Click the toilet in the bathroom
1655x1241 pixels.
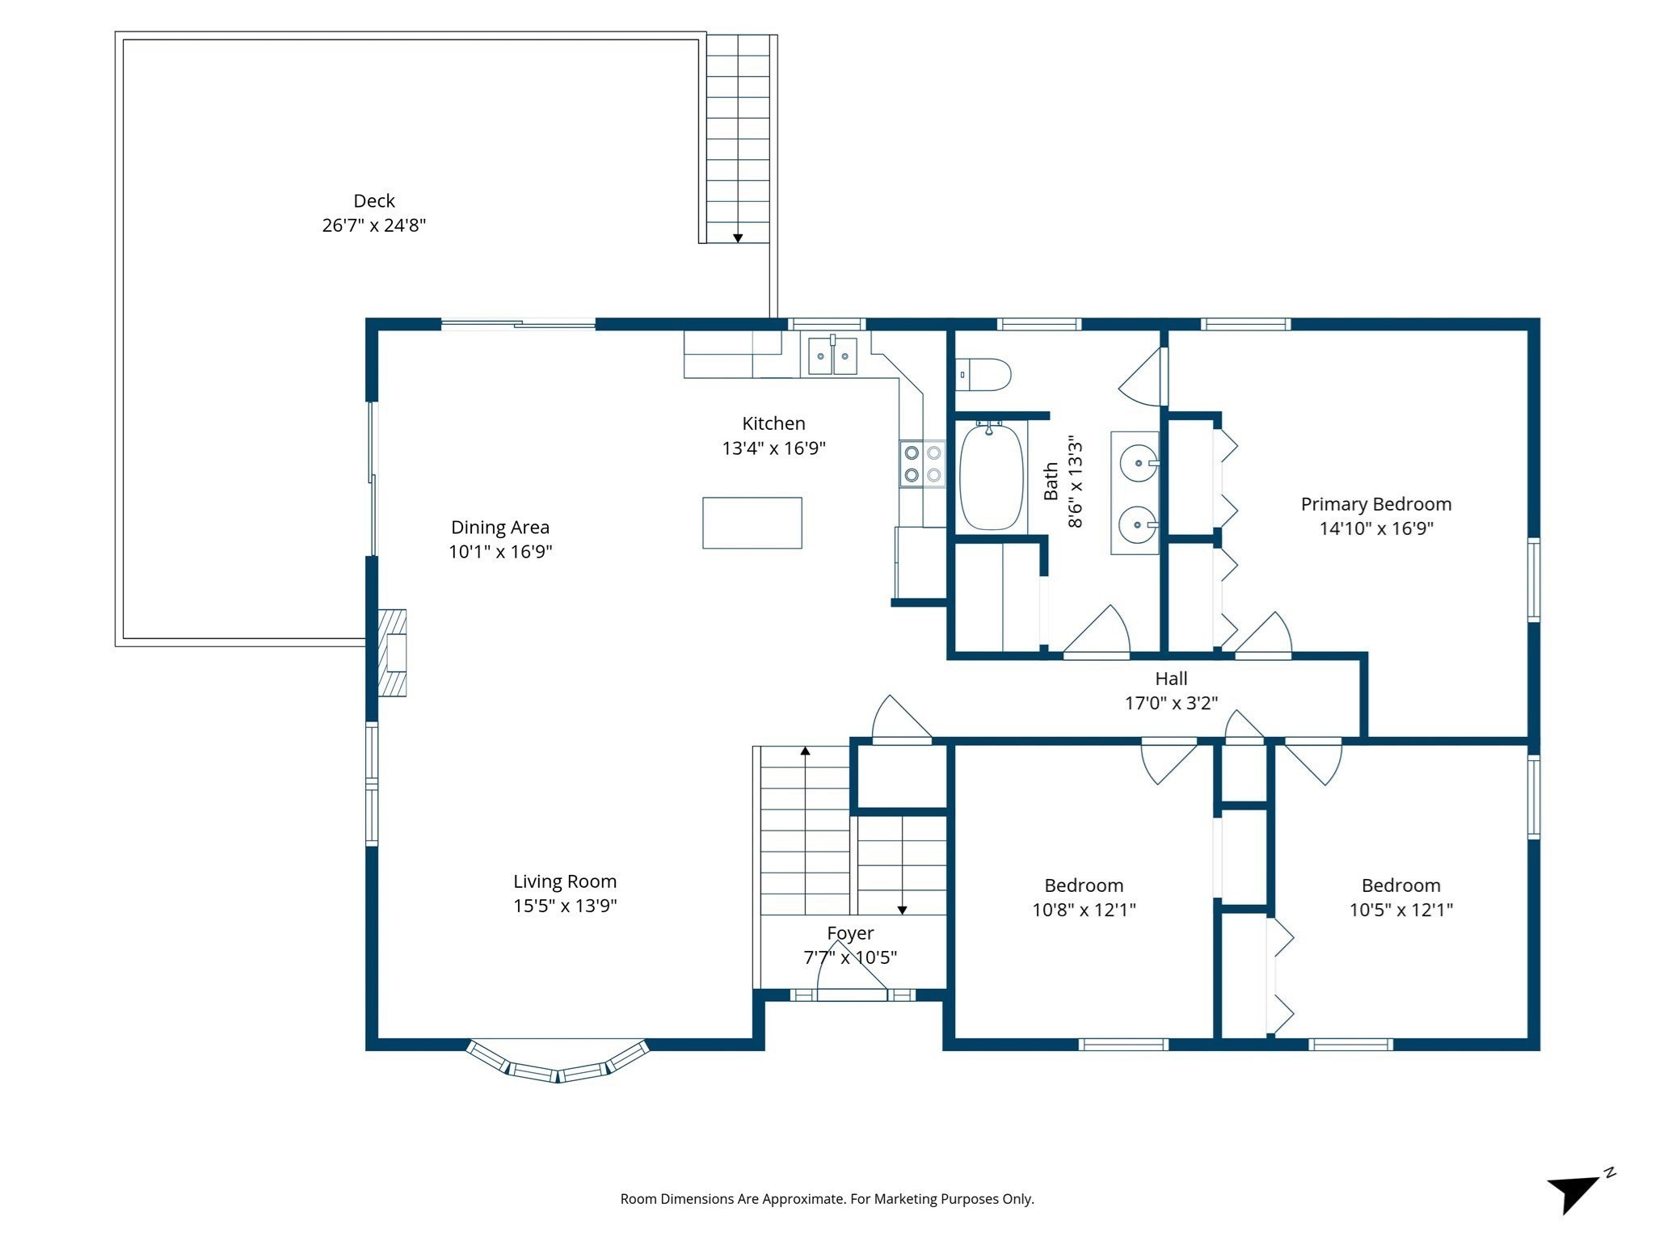pos(984,375)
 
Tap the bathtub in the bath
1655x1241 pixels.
pos(991,477)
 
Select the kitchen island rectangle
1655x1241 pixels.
pos(752,523)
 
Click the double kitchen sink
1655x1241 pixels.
pos(832,356)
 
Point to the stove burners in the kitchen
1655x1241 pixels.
pos(922,464)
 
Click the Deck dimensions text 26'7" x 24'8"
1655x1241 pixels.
pos(373,225)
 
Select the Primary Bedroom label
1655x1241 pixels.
pos(1375,504)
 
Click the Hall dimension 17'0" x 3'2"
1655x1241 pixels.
pos(1170,703)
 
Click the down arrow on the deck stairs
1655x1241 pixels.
pos(737,238)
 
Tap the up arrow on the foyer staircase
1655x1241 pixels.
pos(805,751)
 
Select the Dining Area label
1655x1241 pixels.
pos(499,528)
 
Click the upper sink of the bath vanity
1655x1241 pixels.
pos(1138,464)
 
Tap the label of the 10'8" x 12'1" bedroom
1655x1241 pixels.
pos(1083,886)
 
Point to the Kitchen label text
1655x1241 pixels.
pos(773,423)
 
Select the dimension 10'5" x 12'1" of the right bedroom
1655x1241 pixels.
pos(1400,910)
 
